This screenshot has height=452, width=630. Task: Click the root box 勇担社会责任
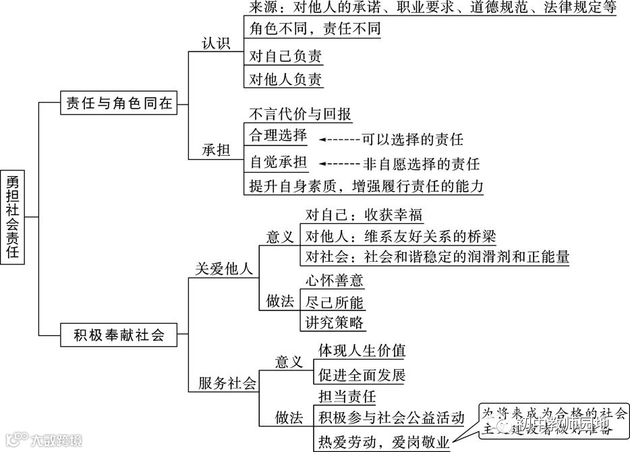coord(13,217)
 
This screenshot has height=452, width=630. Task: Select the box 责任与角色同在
coord(119,103)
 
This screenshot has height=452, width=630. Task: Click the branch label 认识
coord(216,43)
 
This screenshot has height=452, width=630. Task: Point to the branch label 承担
coord(216,150)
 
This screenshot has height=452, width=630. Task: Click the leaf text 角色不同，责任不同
coord(314,28)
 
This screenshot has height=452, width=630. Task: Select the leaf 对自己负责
coord(285,55)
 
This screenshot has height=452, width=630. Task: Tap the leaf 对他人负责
coord(285,79)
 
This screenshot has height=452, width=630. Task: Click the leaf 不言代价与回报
coord(300,113)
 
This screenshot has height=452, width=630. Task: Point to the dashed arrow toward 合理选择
coord(338,140)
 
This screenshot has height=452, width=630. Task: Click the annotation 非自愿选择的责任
coord(421,163)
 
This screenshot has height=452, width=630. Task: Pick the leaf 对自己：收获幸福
coord(363,215)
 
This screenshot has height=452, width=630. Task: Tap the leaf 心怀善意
coord(335,280)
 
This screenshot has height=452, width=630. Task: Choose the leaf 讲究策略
coord(335,322)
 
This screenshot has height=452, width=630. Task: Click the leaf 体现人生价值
coord(362,351)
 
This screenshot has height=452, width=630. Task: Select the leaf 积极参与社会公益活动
coord(391,418)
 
